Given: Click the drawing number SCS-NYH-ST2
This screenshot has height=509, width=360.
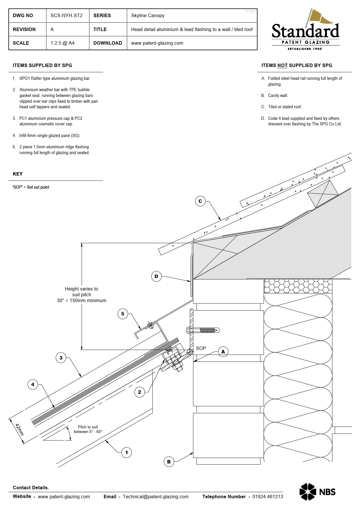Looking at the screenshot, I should click(66, 15).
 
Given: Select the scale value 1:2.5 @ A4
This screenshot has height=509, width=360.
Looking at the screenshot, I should click(62, 43).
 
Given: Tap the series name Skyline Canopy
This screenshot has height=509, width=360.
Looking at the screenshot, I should click(147, 15).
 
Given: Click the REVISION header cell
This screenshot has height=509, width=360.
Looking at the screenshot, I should click(24, 29).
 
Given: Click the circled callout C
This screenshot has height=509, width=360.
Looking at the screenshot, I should click(200, 201).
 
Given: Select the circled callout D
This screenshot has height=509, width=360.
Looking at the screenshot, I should click(156, 276).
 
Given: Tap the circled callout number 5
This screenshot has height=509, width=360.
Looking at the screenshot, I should click(123, 314).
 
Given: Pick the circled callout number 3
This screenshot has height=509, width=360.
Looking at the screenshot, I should click(61, 358).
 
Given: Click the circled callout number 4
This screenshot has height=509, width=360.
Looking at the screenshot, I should click(33, 385).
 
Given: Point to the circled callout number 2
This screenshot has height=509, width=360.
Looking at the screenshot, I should click(139, 392).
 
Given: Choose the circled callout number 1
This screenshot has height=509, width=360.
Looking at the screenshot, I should click(126, 452).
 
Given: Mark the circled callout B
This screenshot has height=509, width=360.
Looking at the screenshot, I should click(169, 462).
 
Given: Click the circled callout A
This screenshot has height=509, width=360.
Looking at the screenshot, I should click(223, 352).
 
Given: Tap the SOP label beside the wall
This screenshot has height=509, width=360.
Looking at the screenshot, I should click(201, 348).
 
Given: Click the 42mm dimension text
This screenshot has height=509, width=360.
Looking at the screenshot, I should click(19, 430).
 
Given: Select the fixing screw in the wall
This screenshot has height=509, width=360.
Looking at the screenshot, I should click(203, 330).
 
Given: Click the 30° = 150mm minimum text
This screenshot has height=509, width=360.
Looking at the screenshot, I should click(82, 301).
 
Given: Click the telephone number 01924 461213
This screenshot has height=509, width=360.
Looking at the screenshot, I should click(267, 497).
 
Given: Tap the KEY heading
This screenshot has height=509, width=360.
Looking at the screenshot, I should click(18, 174).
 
